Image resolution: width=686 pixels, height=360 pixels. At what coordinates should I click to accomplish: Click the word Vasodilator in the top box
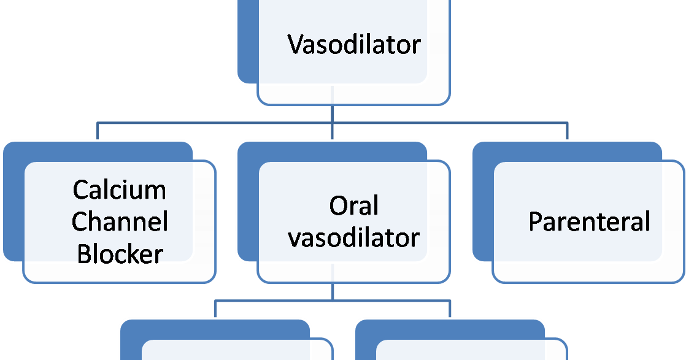coord(355,45)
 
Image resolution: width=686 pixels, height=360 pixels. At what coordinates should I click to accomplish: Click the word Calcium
coord(120,190)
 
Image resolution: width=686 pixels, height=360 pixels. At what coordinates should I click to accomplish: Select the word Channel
coord(120,221)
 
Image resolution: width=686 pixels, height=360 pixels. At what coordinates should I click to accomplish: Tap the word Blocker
coord(120,253)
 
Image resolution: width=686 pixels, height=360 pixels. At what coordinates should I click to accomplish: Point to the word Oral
coord(354,206)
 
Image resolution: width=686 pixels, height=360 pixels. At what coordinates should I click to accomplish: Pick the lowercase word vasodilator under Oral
coord(354,237)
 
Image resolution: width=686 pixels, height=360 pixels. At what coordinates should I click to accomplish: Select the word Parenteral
coord(589,221)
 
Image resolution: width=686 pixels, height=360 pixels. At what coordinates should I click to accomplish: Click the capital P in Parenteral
coord(535,221)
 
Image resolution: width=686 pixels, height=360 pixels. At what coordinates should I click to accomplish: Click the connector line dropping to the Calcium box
coord(97,131)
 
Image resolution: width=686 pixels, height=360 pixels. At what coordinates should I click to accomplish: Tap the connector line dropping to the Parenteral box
coord(567,131)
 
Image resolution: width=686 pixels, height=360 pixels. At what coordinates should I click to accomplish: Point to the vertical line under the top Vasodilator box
coord(332,113)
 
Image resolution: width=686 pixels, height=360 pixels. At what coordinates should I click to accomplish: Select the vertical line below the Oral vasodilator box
coord(332,292)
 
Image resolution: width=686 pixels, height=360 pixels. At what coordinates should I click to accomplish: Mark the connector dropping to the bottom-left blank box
coord(215,309)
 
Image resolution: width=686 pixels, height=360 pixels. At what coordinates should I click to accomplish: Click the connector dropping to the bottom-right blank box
coord(450,309)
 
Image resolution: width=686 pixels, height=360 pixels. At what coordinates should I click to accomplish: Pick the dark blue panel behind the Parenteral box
coord(482,202)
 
